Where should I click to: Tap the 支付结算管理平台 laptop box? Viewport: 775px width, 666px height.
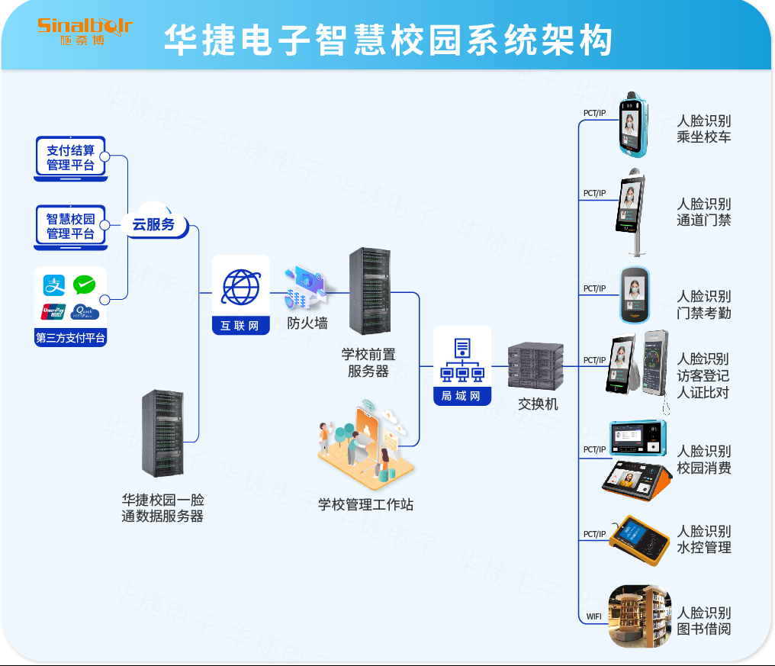tap(71, 158)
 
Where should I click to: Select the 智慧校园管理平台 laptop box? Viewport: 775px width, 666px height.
tap(71, 227)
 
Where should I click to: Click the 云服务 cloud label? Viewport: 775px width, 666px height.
tap(154, 224)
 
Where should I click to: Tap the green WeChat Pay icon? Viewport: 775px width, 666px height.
tap(85, 285)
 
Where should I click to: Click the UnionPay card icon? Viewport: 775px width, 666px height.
tap(54, 311)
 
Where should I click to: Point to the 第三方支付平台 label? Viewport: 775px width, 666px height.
tap(71, 338)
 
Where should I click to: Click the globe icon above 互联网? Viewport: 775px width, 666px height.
tap(241, 288)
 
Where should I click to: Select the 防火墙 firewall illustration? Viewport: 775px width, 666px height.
tap(305, 288)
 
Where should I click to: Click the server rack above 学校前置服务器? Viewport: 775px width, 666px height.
tap(369, 291)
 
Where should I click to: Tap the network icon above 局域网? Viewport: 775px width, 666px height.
tap(462, 360)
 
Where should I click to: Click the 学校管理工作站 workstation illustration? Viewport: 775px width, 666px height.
tap(366, 446)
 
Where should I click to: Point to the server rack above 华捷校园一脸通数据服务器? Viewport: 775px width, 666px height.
tap(162, 433)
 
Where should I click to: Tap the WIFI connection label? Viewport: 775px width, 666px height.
tap(594, 616)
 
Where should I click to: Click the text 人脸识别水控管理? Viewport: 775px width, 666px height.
tap(703, 539)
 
